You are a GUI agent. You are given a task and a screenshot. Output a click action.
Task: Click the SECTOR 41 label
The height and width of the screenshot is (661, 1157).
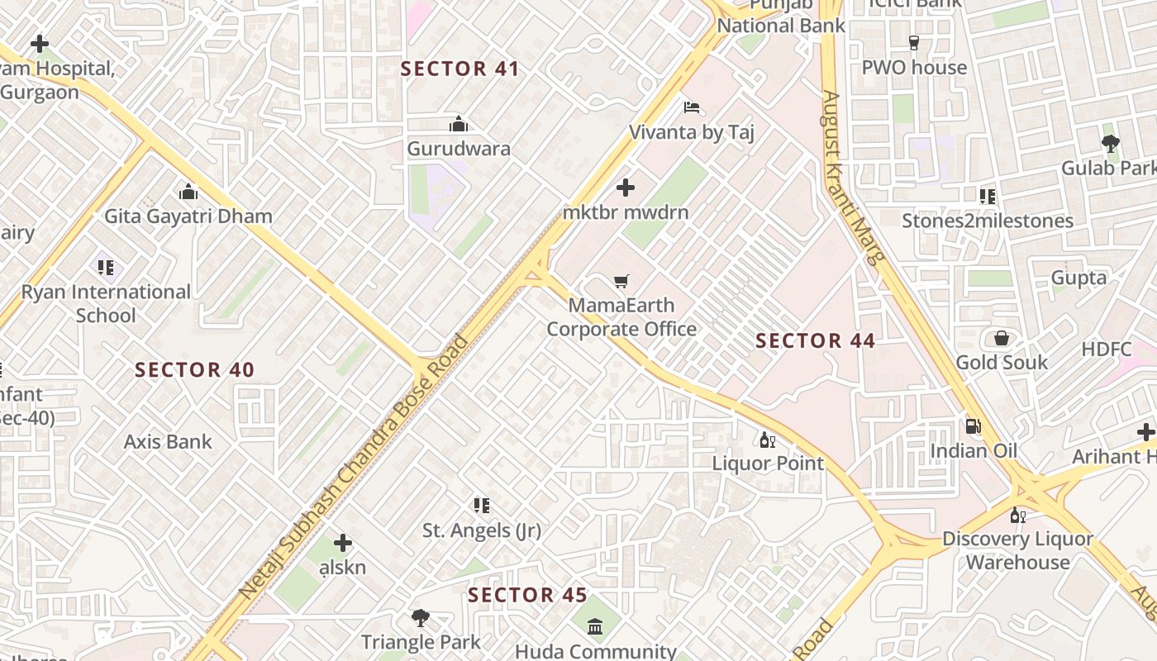[459, 69]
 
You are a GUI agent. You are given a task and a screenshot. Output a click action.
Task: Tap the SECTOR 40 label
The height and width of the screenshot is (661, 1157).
[194, 369]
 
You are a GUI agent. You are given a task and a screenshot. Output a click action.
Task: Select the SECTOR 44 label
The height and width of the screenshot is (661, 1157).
[815, 340]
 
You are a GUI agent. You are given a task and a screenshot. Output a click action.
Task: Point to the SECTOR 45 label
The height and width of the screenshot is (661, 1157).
[527, 595]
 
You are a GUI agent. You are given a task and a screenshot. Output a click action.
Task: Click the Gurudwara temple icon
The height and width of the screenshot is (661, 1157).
[458, 125]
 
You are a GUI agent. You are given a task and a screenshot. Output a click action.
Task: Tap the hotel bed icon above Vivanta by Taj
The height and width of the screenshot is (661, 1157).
[692, 107]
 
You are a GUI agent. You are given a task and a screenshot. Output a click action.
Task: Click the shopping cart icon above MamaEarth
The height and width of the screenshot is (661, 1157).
[621, 282]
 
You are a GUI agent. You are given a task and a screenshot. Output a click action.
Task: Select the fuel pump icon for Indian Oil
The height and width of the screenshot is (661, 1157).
[974, 426]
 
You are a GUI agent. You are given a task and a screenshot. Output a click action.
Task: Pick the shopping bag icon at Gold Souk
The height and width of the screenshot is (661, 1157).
[1001, 338]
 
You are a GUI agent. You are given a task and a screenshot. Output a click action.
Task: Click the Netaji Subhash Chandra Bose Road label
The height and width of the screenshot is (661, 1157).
[354, 466]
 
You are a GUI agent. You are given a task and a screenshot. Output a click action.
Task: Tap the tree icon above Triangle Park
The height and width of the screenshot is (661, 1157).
[420, 617]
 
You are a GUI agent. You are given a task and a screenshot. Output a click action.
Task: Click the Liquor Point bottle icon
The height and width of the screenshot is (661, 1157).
[767, 440]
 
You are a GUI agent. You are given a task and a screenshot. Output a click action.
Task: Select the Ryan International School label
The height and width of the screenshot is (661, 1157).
[106, 303]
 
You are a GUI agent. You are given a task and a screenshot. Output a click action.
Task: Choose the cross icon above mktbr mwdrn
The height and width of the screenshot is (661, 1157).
[626, 188]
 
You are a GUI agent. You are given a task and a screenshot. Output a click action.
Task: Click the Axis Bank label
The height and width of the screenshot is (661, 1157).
[168, 442]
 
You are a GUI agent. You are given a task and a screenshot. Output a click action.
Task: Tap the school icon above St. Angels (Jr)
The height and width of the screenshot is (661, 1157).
[481, 505]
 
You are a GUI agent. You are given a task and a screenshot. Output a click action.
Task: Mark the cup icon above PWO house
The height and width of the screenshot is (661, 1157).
[913, 43]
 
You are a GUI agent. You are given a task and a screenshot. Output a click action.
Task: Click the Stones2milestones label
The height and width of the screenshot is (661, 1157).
[987, 221]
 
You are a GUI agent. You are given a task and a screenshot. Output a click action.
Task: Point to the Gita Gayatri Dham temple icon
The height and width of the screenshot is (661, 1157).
[188, 193]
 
